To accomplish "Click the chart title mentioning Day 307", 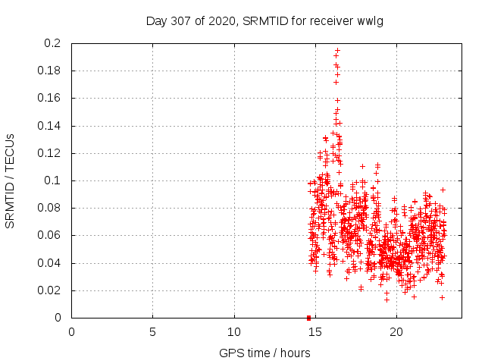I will click(264, 21).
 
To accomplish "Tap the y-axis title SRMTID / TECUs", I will click(11, 180).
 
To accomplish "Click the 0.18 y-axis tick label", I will click(51, 71).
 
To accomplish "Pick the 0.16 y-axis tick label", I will click(51, 99).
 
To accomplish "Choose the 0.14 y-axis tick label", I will click(51, 126).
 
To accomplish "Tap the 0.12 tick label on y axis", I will click(51, 153).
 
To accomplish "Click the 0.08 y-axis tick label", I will click(51, 208).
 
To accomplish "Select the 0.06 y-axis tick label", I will click(51, 236).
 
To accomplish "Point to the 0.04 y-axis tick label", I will click(51, 263).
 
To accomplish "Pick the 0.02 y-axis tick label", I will click(51, 290).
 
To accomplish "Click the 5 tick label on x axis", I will click(152, 331).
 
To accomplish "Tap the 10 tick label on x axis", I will click(234, 331).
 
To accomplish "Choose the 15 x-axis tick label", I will click(315, 331).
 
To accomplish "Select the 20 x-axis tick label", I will click(396, 331).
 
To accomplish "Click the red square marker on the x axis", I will click(308, 318).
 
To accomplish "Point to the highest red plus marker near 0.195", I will click(337, 50).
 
